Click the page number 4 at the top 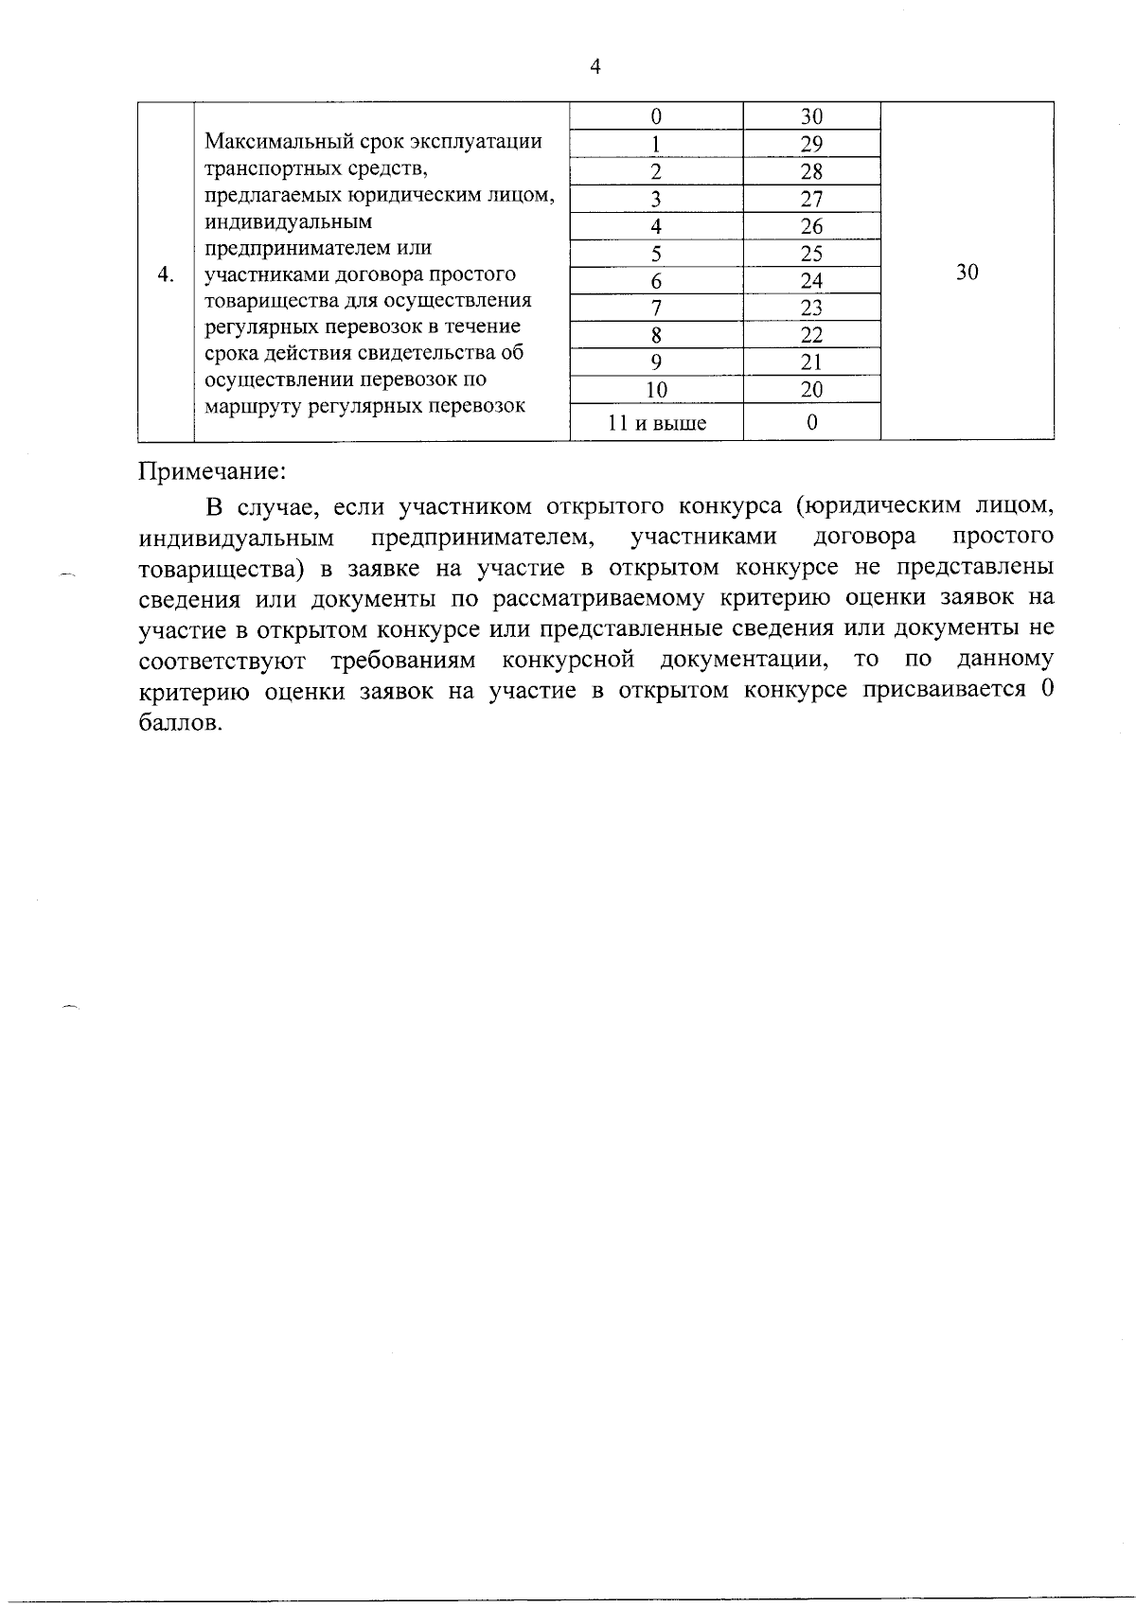tap(595, 66)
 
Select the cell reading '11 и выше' tap(656, 423)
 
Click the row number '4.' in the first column tap(166, 274)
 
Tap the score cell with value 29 tap(811, 144)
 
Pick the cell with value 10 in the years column tap(656, 390)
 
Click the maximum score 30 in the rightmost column tap(967, 273)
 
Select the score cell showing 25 tap(811, 254)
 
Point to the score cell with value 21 tap(811, 362)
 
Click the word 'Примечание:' tap(212, 470)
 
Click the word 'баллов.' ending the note tap(181, 723)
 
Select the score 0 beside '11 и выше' tap(811, 423)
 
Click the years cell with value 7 tap(656, 309)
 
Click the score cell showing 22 tap(811, 335)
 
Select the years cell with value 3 tap(656, 199)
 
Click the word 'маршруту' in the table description tap(248, 406)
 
